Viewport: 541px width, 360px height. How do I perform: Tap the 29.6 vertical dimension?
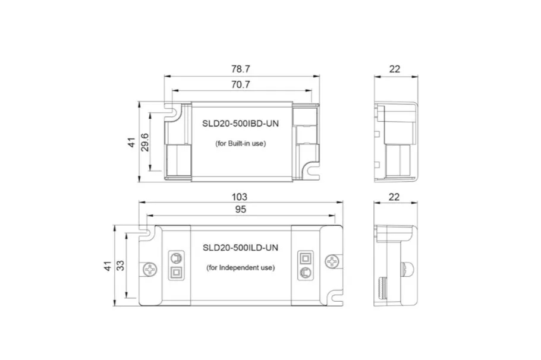coord(144,143)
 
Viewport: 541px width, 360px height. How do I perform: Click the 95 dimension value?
coord(240,210)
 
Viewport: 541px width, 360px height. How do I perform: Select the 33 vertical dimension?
coord(120,266)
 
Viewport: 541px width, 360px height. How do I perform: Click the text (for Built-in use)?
coord(240,143)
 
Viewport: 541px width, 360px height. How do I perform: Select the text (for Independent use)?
coord(240,268)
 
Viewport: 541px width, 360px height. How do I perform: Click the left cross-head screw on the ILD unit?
coord(150,269)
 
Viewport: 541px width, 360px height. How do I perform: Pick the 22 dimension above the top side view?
coord(395,68)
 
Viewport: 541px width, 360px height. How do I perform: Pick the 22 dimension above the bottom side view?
coord(395,196)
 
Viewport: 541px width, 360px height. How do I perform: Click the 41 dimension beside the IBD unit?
coord(131,143)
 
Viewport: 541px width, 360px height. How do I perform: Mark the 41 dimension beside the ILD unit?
coord(107,266)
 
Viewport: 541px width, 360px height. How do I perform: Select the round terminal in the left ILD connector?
coord(176,258)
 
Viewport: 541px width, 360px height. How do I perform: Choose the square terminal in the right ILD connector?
coord(305,258)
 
